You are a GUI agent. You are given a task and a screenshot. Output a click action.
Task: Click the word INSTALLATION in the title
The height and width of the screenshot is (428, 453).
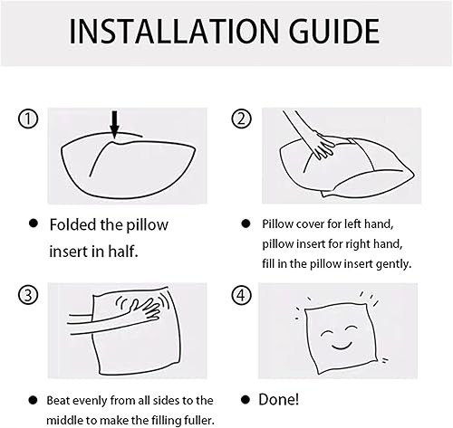[x=174, y=32]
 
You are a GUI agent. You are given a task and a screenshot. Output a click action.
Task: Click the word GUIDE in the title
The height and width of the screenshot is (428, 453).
[x=334, y=32]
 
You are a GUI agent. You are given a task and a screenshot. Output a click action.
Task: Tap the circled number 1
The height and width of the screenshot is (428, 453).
[x=28, y=119]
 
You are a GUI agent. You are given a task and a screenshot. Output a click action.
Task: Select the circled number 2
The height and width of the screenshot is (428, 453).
[x=242, y=119]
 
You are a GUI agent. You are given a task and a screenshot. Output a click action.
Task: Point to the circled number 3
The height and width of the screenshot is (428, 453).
[x=28, y=295]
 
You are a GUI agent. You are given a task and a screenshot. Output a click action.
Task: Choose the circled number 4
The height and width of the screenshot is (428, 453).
[x=242, y=295]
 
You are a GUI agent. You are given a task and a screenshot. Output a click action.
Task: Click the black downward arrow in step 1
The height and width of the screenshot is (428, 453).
[x=114, y=125]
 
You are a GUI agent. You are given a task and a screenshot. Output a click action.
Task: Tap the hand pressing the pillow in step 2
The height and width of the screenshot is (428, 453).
[x=323, y=147]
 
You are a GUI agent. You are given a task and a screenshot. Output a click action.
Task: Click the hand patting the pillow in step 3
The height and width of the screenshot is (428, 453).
[x=144, y=309]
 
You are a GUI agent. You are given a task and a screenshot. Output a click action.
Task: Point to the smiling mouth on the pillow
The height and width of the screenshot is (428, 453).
[x=342, y=346]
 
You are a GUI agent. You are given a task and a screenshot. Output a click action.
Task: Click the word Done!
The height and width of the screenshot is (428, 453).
[x=279, y=400]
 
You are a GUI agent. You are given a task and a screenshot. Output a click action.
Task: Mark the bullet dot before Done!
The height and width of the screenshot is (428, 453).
[x=246, y=400]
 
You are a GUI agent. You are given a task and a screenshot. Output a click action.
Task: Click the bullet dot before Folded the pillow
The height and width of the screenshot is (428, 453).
[x=34, y=224]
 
